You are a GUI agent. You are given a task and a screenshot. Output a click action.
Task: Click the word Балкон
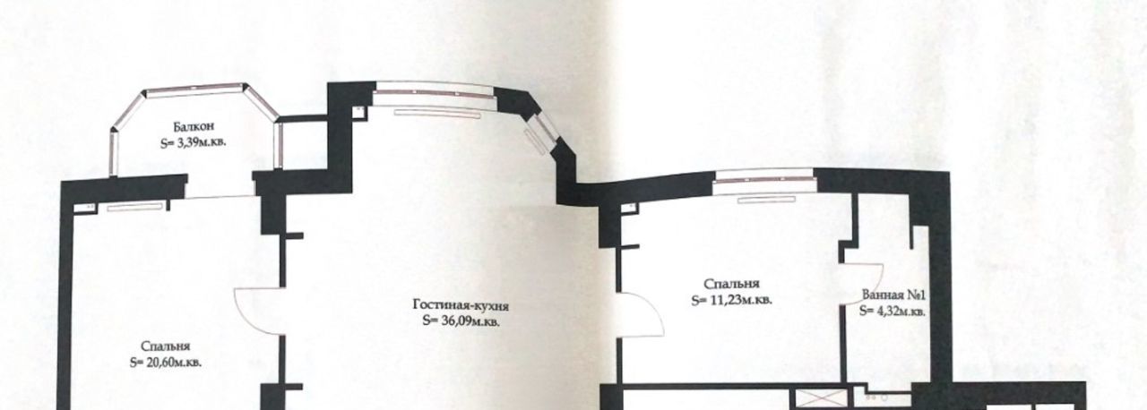tap(194, 126)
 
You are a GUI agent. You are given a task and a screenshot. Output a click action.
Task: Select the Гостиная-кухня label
tap(461, 306)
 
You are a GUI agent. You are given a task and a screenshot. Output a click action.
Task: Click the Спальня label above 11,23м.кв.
tap(732, 284)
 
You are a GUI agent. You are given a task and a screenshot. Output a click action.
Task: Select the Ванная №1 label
tap(893, 295)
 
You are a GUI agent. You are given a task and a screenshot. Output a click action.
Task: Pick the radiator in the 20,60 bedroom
tap(134, 207)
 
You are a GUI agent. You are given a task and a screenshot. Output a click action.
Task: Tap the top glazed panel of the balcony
tap(195, 90)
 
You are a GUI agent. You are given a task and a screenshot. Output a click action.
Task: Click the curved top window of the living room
tap(435, 94)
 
